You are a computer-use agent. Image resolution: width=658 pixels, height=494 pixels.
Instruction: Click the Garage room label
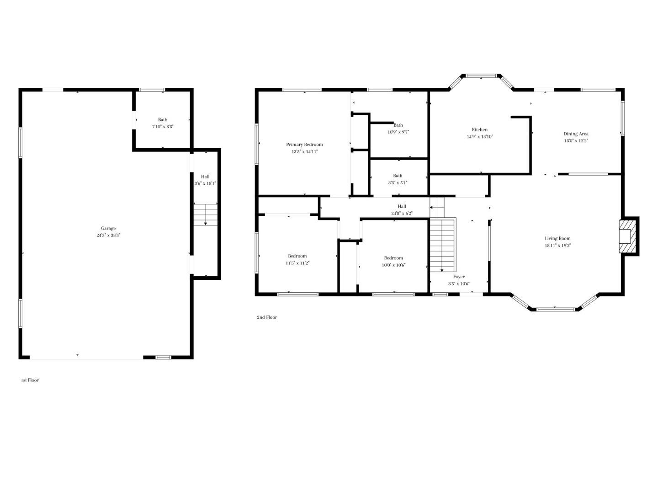pyautogui.click(x=108, y=228)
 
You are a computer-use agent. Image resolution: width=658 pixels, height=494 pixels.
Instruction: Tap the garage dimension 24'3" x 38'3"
pyautogui.click(x=108, y=235)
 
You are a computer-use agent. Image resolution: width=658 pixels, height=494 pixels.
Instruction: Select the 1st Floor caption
pyautogui.click(x=30, y=380)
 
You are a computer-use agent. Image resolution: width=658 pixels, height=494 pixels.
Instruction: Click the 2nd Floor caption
pyautogui.click(x=267, y=317)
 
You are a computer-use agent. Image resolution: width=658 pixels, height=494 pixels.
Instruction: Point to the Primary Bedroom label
pyautogui.click(x=304, y=145)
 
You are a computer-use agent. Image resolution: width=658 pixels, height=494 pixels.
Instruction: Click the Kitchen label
pyautogui.click(x=480, y=129)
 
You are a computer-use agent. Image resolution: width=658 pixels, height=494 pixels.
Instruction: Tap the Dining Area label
pyautogui.click(x=576, y=134)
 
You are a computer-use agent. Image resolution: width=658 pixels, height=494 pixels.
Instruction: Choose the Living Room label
pyautogui.click(x=557, y=238)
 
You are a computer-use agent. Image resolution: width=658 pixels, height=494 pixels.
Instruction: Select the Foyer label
pyautogui.click(x=459, y=277)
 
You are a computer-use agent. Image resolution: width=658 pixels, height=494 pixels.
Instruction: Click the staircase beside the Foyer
pyautogui.click(x=443, y=245)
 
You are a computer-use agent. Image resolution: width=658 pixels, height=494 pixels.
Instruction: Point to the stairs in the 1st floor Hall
pyautogui.click(x=205, y=214)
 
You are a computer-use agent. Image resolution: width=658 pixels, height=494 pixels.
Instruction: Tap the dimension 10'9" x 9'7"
pyautogui.click(x=398, y=132)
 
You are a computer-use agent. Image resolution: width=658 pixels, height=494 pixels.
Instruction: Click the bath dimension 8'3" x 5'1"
pyautogui.click(x=398, y=183)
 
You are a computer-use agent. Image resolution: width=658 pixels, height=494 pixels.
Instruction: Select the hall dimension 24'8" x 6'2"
pyautogui.click(x=402, y=213)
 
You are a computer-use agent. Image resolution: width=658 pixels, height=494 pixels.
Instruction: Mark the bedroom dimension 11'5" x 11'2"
pyautogui.click(x=297, y=263)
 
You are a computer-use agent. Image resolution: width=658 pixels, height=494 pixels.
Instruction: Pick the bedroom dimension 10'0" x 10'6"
pyautogui.click(x=393, y=265)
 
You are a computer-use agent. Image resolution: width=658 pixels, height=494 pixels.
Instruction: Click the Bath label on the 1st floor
pyautogui.click(x=163, y=120)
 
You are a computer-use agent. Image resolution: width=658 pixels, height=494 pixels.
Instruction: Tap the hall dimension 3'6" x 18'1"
pyautogui.click(x=205, y=183)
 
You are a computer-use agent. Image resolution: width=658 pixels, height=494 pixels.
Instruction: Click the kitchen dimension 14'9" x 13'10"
pyautogui.click(x=480, y=136)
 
